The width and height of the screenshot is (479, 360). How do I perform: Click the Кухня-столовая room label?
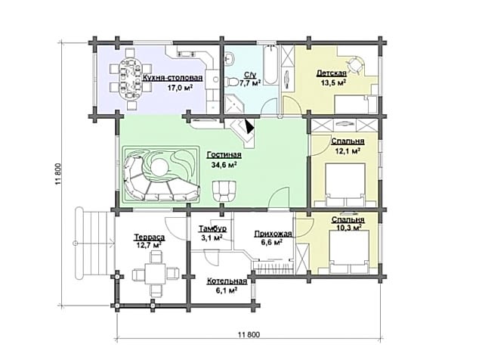click(172, 78)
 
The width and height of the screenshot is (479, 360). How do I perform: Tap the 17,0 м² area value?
click(180, 88)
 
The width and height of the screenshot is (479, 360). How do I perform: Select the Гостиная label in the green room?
click(224, 155)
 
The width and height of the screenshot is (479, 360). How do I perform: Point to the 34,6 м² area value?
click(224, 165)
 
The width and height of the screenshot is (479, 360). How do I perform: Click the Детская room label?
click(332, 73)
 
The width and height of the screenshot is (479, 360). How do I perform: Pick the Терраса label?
click(150, 237)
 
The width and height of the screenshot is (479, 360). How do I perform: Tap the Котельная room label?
click(227, 281)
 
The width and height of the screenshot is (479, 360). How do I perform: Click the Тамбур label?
click(212, 228)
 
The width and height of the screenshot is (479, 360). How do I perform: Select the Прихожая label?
click(273, 234)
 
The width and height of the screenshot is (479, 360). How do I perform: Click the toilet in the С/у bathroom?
click(233, 82)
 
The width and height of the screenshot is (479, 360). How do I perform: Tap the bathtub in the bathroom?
click(270, 65)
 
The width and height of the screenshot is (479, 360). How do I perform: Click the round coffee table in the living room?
click(159, 168)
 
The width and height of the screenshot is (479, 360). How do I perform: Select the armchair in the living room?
click(225, 191)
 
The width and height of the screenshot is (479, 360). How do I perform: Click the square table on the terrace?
click(155, 273)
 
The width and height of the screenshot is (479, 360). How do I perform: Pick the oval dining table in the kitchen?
click(130, 77)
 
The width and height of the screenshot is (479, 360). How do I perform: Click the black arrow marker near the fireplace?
click(249, 126)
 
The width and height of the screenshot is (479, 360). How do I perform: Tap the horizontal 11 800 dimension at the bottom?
click(249, 338)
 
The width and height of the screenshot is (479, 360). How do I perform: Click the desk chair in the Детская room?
click(354, 64)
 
